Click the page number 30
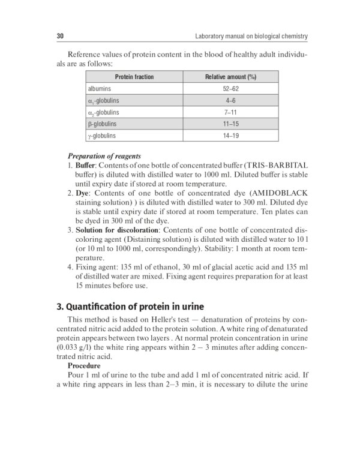(x=60, y=36)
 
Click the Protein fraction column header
(x=134, y=77)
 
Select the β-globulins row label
(x=103, y=124)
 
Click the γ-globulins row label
(x=103, y=136)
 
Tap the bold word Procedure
(x=84, y=365)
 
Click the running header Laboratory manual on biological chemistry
(x=251, y=36)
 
